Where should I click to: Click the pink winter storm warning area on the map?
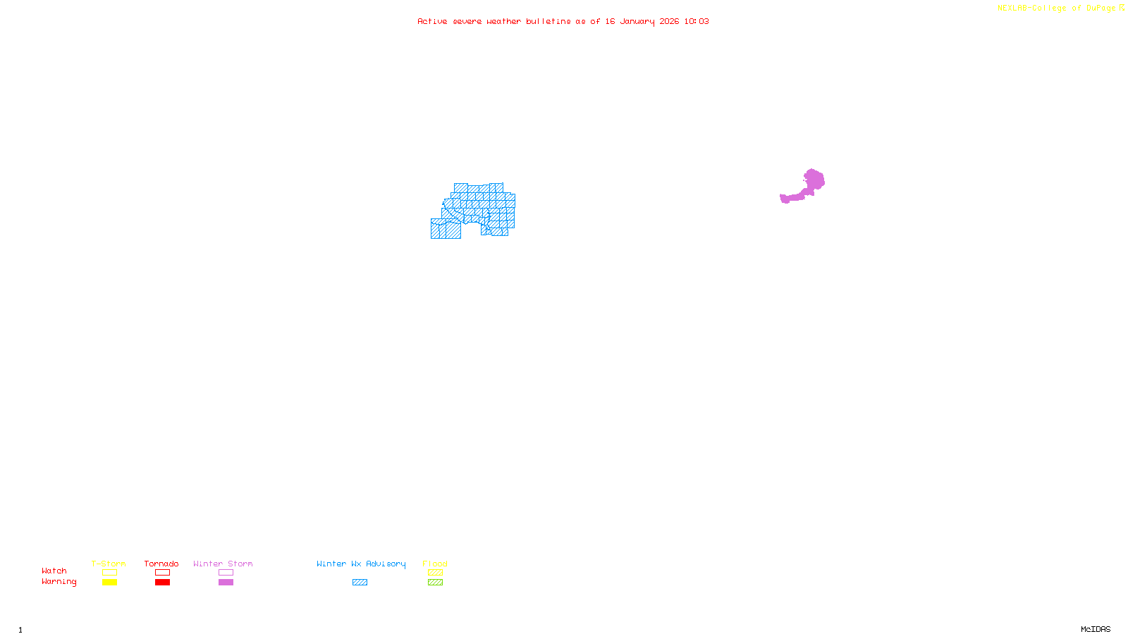[813, 181]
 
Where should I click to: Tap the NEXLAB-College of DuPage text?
[1057, 8]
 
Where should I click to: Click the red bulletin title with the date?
[563, 22]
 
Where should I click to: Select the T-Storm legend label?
[109, 564]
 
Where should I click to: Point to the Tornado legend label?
[161, 564]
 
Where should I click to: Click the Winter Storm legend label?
[223, 564]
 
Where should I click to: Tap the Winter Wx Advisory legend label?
[361, 564]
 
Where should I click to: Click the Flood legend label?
[435, 564]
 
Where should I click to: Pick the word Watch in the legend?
[54, 571]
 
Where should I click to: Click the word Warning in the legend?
[59, 582]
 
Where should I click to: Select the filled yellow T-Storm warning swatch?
[109, 583]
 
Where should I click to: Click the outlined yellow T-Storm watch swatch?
[109, 573]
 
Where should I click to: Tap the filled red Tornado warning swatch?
[162, 583]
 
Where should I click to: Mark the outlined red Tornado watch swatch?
[162, 573]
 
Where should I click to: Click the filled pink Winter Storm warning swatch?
[226, 583]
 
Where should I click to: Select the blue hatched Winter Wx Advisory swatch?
[360, 583]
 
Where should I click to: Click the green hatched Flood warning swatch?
[435, 583]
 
